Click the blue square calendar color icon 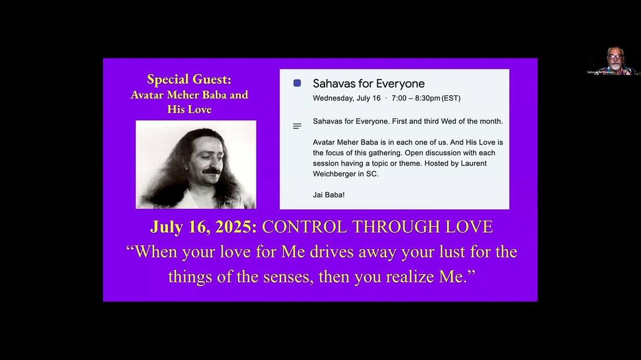click(x=297, y=83)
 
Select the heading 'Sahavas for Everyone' click(x=368, y=83)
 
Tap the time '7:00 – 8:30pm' click(x=416, y=98)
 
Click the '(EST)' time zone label click(x=451, y=98)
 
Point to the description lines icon click(x=297, y=126)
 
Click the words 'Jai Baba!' click(x=328, y=195)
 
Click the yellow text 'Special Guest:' click(x=189, y=79)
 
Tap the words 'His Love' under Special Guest click(x=190, y=109)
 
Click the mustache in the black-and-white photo click(x=212, y=171)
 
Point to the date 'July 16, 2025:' click(x=203, y=227)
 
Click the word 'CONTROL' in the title click(x=304, y=227)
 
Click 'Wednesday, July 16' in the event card click(x=347, y=98)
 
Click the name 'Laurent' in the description click(x=474, y=164)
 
